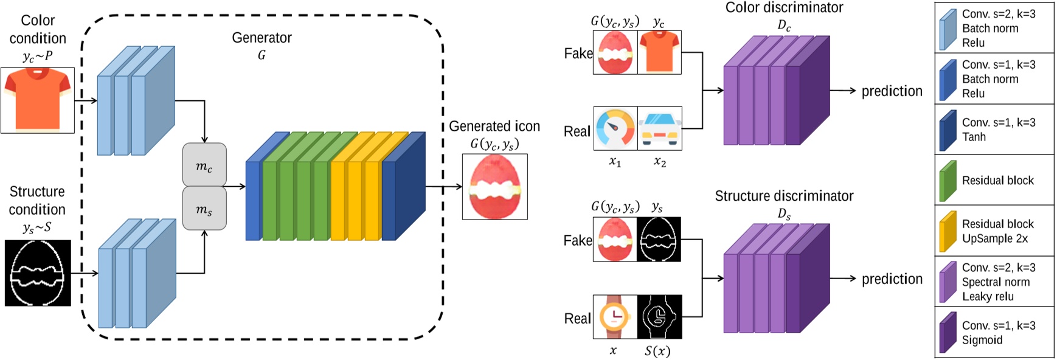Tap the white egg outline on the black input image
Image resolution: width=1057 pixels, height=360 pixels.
click(38, 273)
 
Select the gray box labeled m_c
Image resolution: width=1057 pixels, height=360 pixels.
click(204, 165)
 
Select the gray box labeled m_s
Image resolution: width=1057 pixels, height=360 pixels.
click(204, 209)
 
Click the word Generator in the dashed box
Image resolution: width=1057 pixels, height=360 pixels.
click(262, 38)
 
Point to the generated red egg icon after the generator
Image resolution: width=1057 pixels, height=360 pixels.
click(494, 187)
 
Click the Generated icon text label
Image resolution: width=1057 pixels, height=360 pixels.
click(494, 126)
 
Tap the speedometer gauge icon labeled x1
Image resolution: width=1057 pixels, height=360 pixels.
click(615, 129)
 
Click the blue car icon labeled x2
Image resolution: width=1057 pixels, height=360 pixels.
click(660, 129)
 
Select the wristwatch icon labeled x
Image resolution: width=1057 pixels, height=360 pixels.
click(615, 317)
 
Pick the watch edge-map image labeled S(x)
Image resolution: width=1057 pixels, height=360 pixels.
click(659, 317)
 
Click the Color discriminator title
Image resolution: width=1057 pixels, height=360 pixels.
click(784, 8)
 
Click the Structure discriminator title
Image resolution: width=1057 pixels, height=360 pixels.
click(784, 196)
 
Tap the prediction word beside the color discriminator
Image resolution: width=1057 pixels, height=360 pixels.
click(892, 91)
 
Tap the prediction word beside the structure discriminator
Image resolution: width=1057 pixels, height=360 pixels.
click(892, 279)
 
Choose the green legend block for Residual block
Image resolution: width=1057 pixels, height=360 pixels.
click(948, 181)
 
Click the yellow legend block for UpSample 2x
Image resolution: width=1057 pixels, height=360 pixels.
click(948, 232)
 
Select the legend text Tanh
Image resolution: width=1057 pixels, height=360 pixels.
click(974, 137)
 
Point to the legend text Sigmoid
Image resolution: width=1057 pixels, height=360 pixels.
click(982, 340)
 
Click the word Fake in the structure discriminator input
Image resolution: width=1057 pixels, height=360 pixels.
click(578, 241)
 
